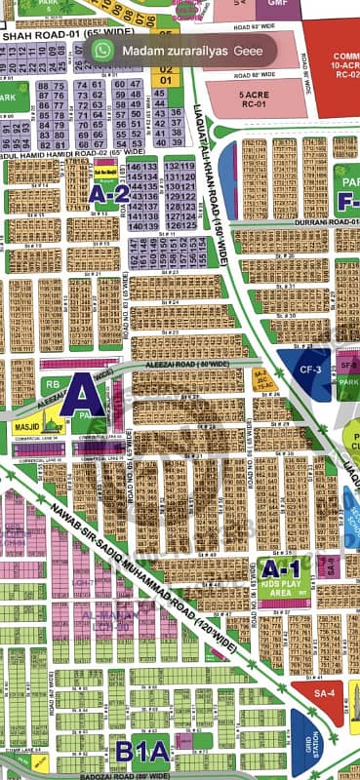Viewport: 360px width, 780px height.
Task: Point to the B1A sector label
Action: click(x=142, y=751)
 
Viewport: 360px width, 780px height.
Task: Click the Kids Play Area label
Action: click(x=287, y=587)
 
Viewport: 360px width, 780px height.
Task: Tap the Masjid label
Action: click(x=26, y=427)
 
